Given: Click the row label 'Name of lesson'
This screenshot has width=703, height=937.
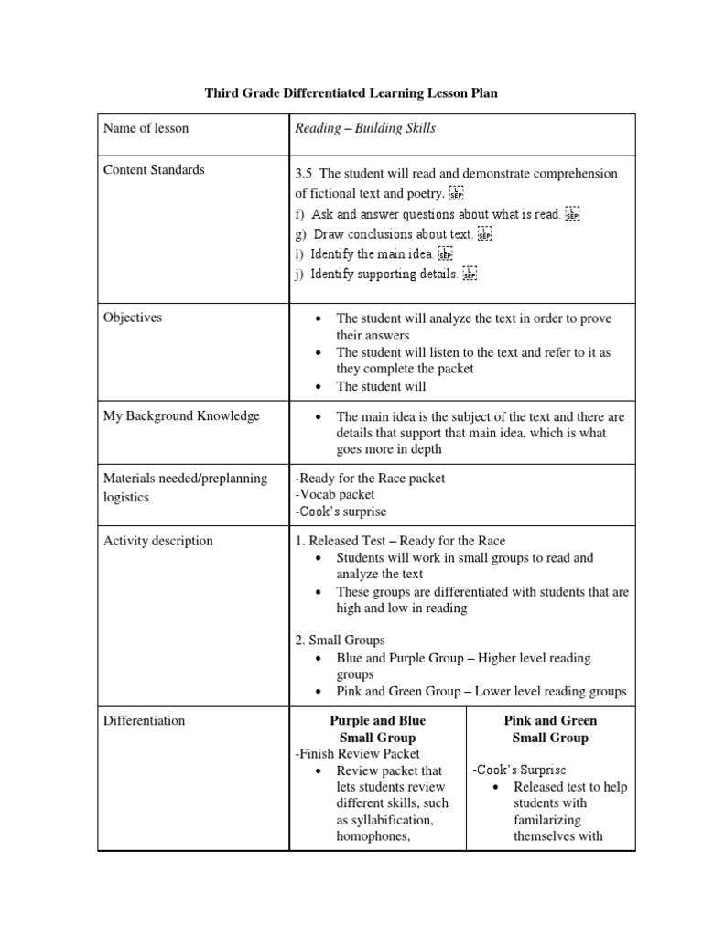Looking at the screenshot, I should [146, 128].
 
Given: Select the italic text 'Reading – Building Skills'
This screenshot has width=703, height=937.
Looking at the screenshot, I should [364, 128].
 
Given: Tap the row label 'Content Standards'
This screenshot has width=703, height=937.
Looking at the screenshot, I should [154, 170].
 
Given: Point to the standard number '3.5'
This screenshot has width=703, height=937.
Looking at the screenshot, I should [304, 174].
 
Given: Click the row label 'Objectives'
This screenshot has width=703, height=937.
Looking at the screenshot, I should [133, 318].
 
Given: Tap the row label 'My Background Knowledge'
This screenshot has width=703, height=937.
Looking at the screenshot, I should [181, 416].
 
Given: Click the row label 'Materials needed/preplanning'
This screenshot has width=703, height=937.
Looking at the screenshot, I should [185, 479].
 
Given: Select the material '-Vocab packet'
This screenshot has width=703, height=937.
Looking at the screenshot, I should [335, 495].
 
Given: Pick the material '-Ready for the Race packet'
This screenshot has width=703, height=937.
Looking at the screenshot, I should [370, 479].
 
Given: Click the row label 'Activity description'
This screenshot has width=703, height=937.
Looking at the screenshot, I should [157, 541].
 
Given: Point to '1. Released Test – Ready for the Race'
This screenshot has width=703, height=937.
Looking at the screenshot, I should [400, 541].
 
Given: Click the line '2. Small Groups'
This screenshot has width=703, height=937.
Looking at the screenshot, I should [340, 641].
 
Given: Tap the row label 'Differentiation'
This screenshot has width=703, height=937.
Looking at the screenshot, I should [144, 721].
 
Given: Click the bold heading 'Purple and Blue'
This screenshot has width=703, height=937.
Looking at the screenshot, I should [377, 721].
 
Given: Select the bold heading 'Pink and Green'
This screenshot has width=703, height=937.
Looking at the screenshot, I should [550, 721].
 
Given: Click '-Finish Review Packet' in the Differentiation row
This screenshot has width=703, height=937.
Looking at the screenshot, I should [357, 754].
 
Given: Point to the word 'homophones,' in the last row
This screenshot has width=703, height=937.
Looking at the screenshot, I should [373, 836].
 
